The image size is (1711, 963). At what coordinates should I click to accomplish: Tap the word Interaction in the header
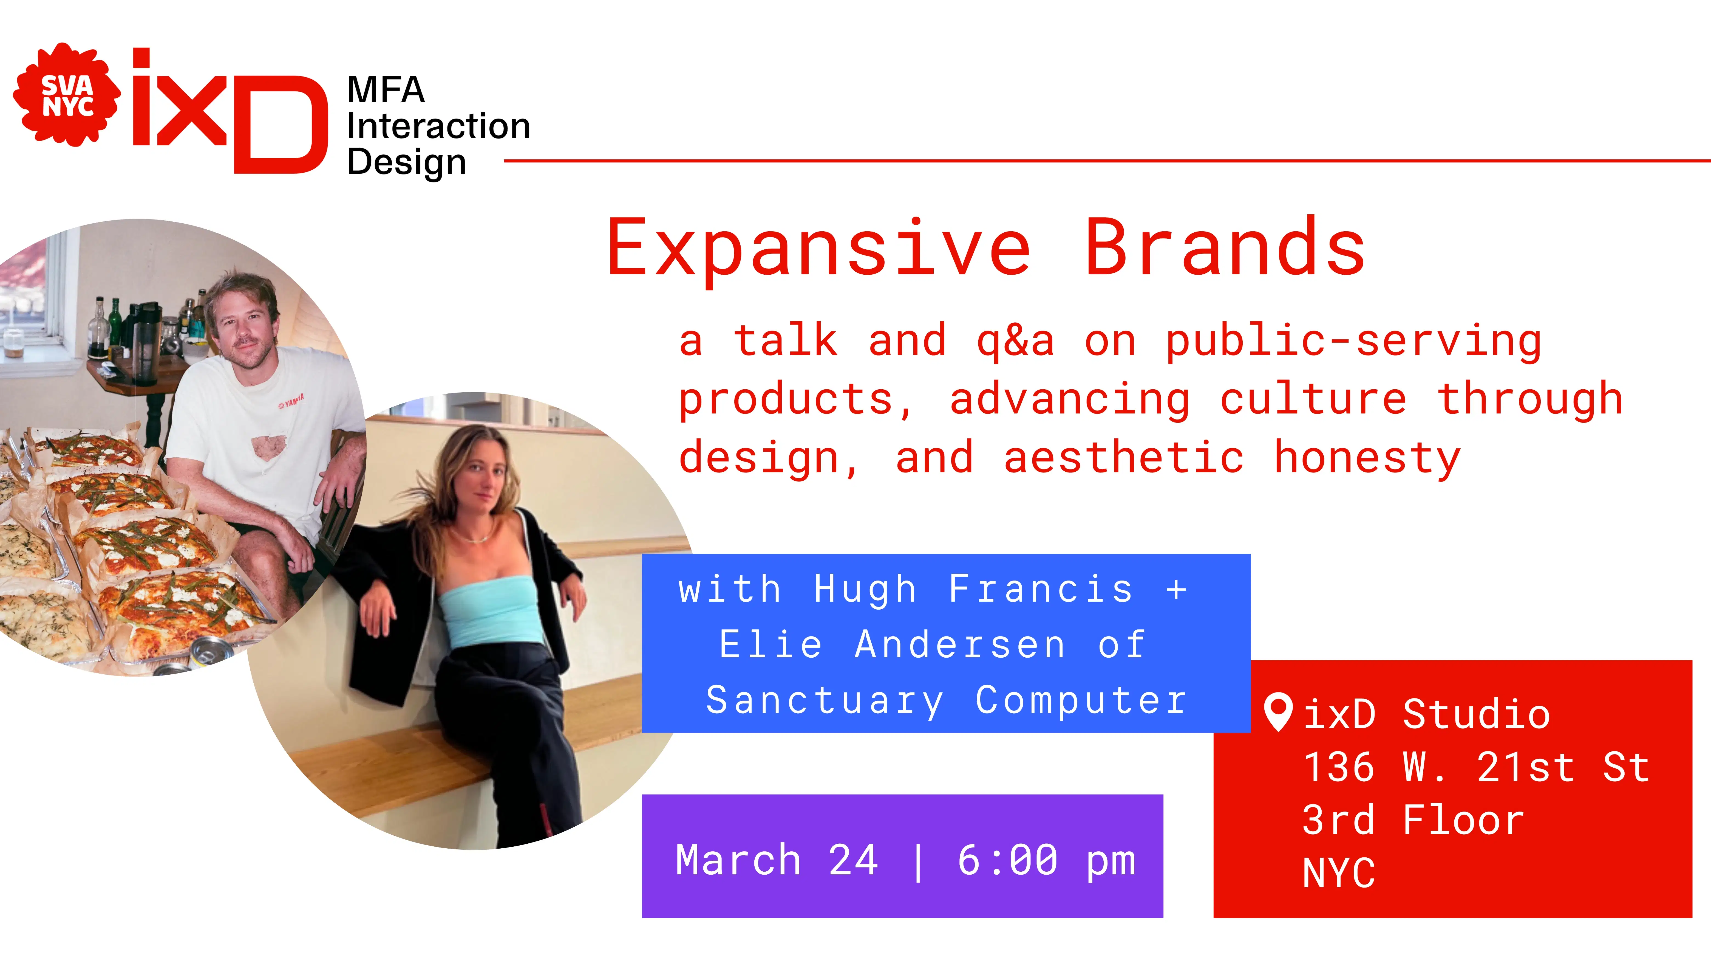coord(438,126)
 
